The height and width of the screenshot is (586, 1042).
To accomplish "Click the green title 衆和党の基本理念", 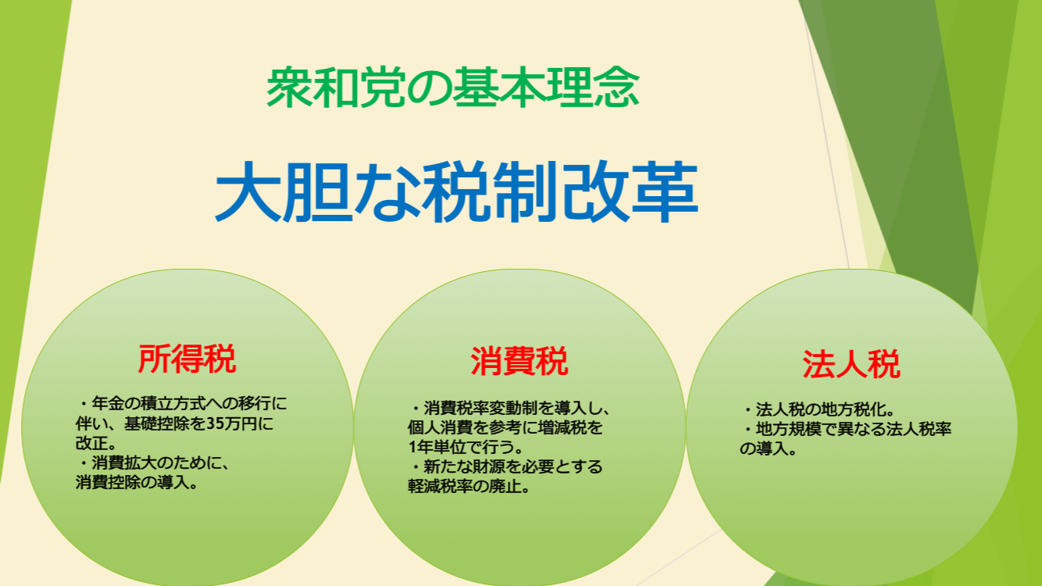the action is click(x=453, y=88).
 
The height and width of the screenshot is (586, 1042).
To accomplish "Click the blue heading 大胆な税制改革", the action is click(x=456, y=191).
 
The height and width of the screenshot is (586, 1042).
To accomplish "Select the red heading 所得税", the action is click(x=187, y=359).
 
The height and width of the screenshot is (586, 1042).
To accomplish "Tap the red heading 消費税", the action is click(x=519, y=361).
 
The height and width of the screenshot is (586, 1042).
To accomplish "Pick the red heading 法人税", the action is click(x=851, y=364).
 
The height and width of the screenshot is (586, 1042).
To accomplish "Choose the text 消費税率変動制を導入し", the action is click(x=511, y=408).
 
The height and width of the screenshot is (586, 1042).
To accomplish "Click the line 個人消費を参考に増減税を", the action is click(x=505, y=427).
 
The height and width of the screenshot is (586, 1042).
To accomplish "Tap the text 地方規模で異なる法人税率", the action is click(x=853, y=429).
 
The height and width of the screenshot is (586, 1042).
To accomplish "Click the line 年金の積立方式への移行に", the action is click(x=189, y=403).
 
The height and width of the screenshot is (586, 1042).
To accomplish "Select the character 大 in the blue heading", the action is click(x=248, y=191).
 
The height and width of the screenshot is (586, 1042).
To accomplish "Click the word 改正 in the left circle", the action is click(x=91, y=443).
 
